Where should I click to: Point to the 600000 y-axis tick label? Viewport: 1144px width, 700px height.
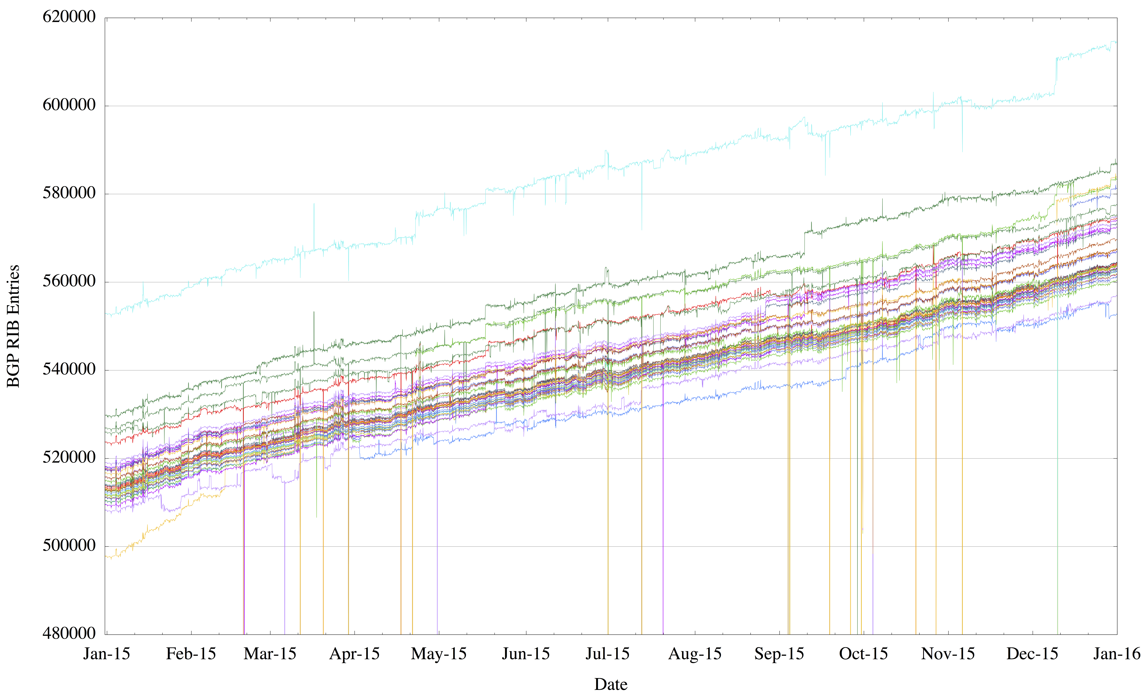[x=69, y=105]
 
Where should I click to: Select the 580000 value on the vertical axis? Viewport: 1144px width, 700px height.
[x=69, y=193]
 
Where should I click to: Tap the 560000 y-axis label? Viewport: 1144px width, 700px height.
[x=69, y=281]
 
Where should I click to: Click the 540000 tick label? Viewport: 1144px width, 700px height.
[x=69, y=370]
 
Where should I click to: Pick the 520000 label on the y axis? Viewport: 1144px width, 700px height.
[x=69, y=457]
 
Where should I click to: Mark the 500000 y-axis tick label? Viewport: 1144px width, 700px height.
[x=69, y=545]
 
